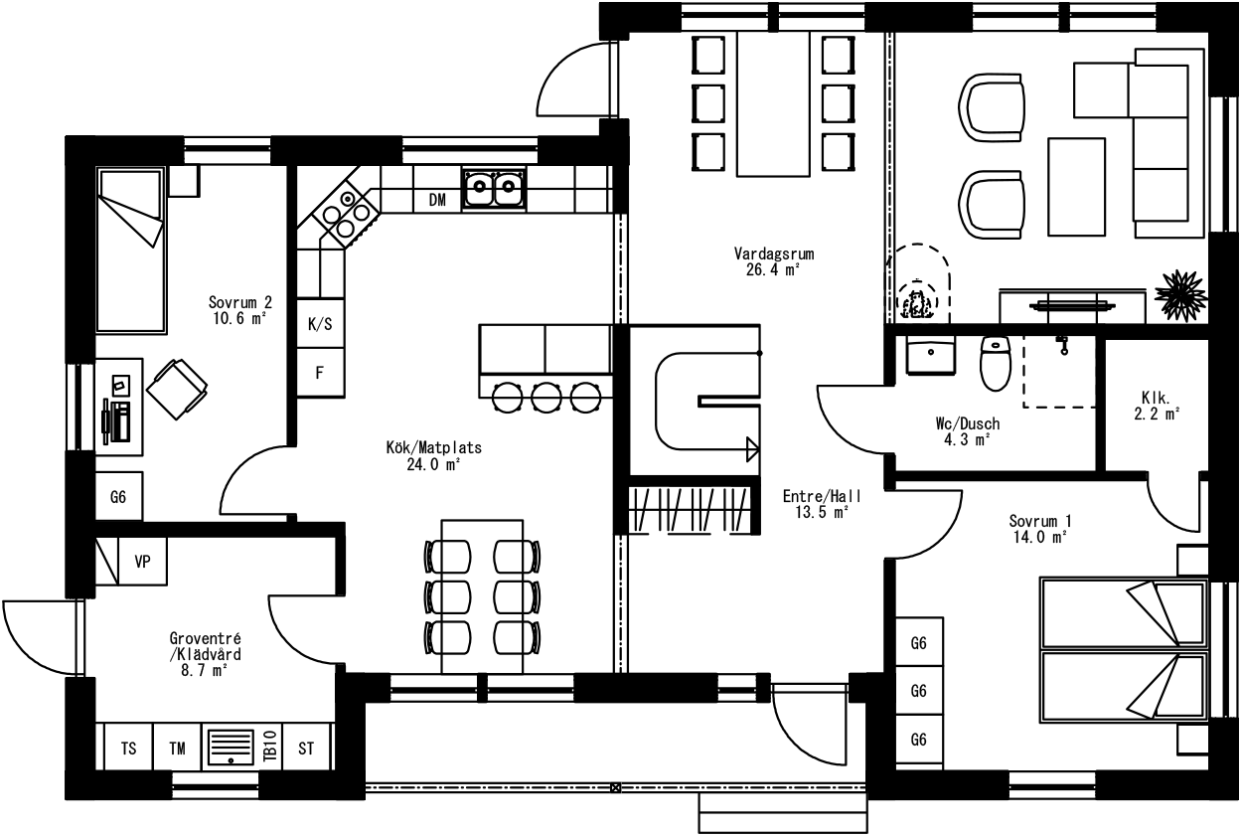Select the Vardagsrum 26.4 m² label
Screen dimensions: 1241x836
774,261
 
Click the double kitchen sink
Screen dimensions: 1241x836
494,189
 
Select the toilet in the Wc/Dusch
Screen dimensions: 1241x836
996,363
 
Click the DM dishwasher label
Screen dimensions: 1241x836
437,200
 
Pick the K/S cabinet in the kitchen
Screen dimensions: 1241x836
320,324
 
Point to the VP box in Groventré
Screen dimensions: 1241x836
143,562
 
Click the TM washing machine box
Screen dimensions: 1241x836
177,747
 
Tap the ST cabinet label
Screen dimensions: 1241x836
306,749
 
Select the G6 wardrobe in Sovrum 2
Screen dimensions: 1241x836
118,496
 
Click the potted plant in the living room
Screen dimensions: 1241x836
1180,295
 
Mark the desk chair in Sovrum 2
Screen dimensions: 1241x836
177,390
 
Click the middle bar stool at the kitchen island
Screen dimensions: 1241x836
546,398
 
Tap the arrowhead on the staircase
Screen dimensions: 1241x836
752,449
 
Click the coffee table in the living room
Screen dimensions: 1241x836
1076,187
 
